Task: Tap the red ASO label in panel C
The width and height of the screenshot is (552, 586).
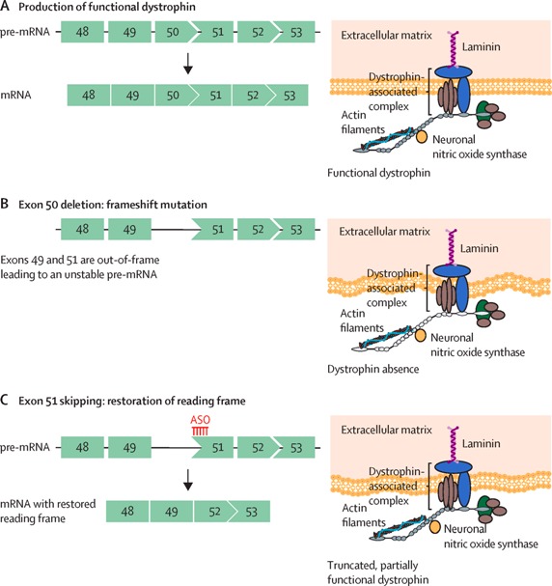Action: [200, 420]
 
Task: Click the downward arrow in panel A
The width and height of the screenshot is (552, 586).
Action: [188, 64]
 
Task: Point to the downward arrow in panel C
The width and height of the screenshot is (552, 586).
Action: [188, 480]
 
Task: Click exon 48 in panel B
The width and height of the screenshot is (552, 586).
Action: [83, 229]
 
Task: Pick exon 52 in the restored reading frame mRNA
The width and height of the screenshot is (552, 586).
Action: [213, 512]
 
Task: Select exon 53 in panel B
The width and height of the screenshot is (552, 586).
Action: [296, 229]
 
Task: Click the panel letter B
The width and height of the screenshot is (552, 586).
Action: [5, 204]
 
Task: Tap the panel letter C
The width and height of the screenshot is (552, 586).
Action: [5, 401]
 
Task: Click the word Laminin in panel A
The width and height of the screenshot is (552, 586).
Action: [481, 46]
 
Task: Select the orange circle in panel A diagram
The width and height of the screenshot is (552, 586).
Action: [422, 137]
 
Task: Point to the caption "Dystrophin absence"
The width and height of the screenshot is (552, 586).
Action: [373, 369]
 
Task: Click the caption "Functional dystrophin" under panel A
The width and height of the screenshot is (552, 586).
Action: [378, 173]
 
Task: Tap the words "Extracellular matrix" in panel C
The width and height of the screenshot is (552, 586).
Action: [386, 430]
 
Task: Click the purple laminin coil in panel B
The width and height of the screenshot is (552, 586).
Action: [453, 246]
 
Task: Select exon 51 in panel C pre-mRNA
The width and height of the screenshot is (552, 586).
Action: [212, 447]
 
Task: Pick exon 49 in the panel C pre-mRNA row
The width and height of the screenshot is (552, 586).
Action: [129, 447]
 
